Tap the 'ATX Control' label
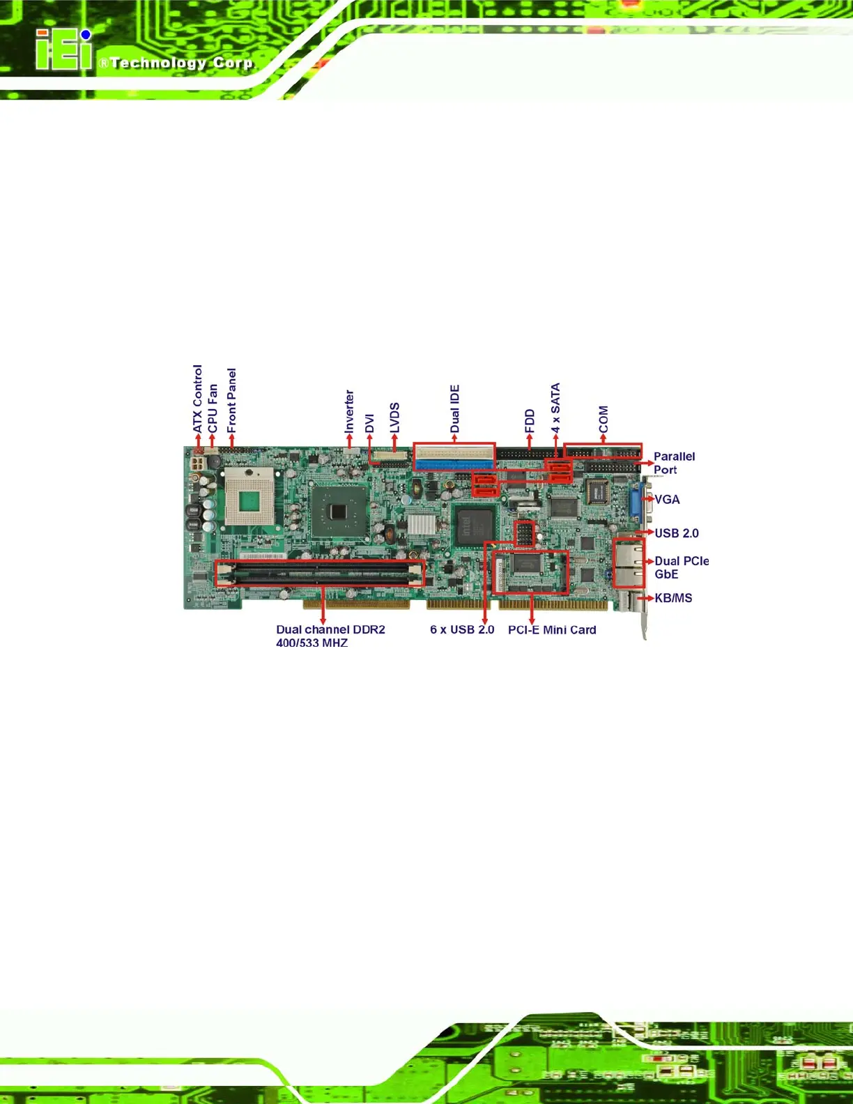click(x=197, y=398)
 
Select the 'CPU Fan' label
click(x=213, y=408)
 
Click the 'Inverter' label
click(x=349, y=411)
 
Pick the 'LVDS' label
click(x=394, y=417)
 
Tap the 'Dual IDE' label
click(x=454, y=408)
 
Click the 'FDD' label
click(x=529, y=421)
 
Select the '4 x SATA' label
click(x=555, y=408)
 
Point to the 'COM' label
click(x=604, y=419)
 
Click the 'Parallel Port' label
click(x=673, y=463)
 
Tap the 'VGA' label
click(x=667, y=500)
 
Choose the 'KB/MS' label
click(x=673, y=598)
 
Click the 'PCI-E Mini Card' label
click(x=552, y=630)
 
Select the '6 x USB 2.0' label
click(x=461, y=630)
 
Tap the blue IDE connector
click(x=454, y=463)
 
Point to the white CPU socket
click(x=249, y=497)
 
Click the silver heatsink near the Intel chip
click(x=421, y=524)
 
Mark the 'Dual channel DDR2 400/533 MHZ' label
click(x=330, y=636)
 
